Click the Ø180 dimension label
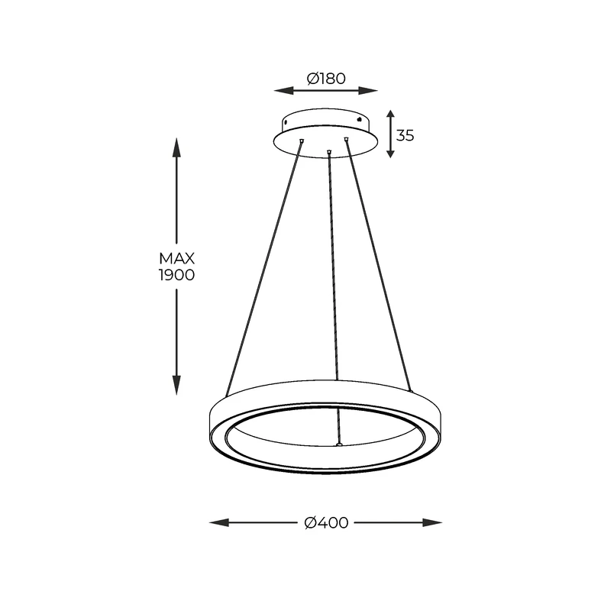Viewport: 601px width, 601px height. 326,78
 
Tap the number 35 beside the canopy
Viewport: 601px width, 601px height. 406,136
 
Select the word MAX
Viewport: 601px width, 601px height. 176,259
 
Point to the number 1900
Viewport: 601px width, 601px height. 176,275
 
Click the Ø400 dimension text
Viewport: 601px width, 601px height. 326,523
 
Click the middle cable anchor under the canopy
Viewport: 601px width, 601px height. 328,151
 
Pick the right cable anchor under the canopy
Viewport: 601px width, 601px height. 346,138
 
